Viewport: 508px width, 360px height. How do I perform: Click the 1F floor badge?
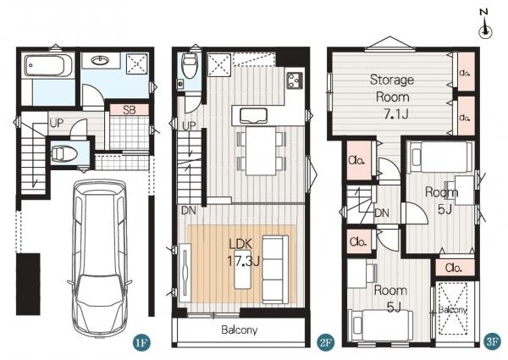point(141,342)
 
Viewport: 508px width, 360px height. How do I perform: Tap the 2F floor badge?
point(325,342)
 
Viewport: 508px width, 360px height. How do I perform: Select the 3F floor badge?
point(492,342)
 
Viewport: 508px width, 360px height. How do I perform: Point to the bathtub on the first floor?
point(48,65)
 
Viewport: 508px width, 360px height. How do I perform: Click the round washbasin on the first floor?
point(100,60)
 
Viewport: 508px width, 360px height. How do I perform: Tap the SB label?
point(130,110)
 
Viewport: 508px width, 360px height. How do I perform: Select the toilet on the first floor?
point(64,154)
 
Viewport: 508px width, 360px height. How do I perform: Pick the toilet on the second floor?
point(190,66)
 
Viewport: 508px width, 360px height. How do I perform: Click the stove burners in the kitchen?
point(295,80)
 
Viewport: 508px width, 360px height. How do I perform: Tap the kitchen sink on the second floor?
point(253,116)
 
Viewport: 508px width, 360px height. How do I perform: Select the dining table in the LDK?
point(261,151)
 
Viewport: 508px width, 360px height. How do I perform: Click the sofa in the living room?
point(275,269)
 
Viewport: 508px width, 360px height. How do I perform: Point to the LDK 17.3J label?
point(243,252)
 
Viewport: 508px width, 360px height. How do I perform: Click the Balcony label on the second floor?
point(240,330)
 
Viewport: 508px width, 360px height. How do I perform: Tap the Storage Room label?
point(392,88)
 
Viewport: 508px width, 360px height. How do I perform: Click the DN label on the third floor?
point(382,213)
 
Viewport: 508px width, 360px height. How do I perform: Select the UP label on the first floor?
point(57,123)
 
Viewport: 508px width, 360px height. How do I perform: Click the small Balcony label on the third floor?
point(453,310)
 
